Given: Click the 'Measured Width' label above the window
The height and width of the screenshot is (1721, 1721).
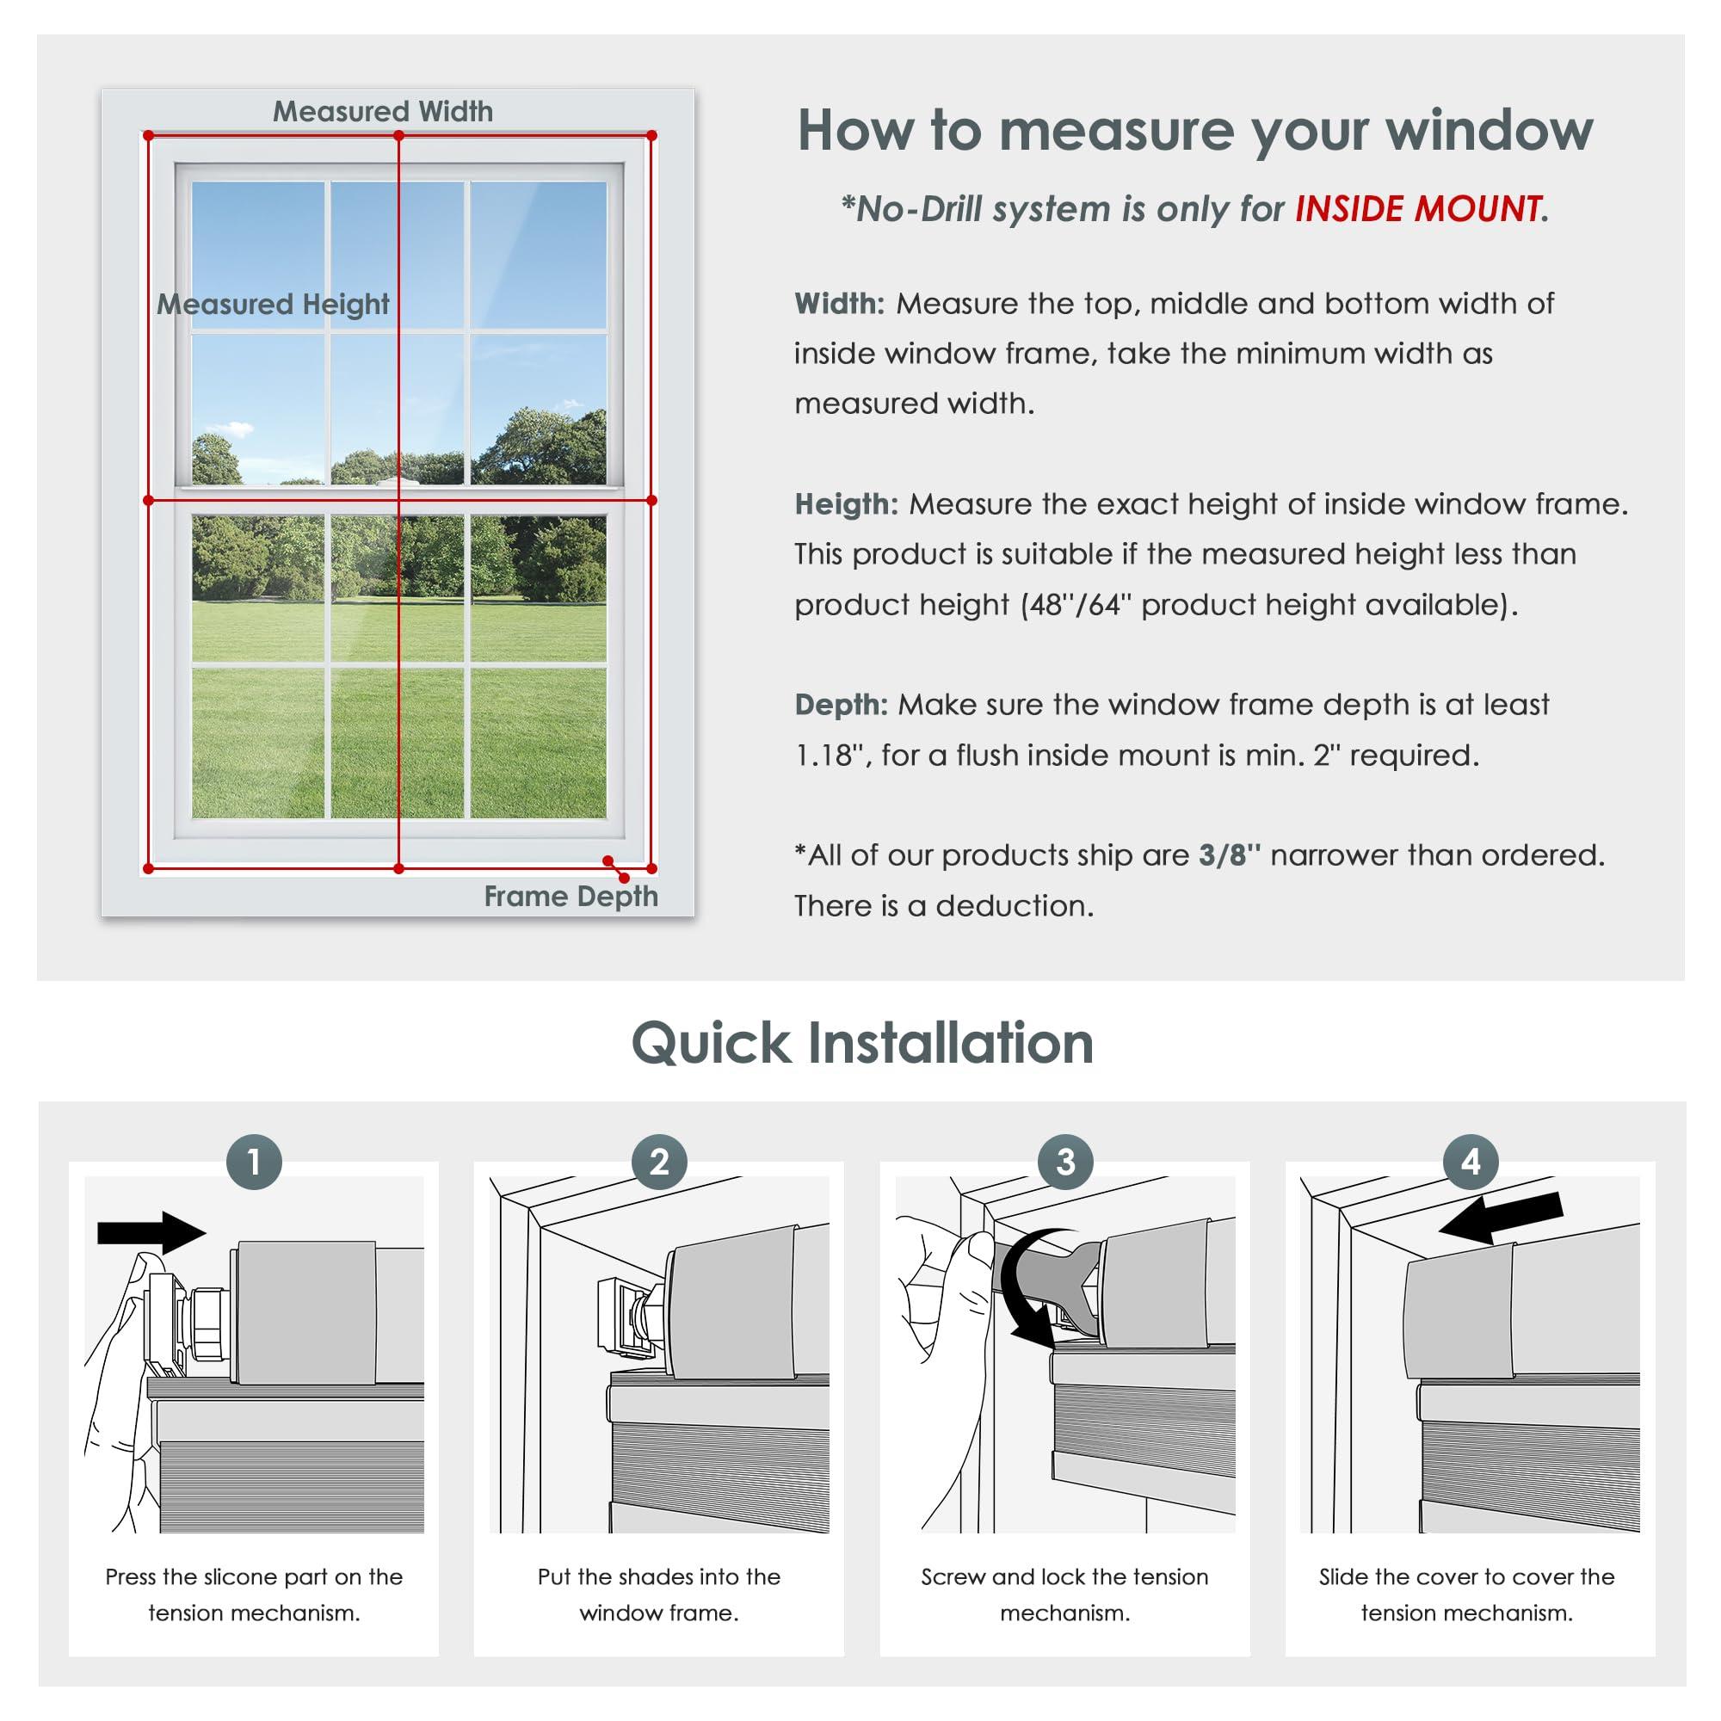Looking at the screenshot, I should (x=382, y=111).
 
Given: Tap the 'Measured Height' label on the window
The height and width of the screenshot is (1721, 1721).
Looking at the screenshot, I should (x=273, y=305).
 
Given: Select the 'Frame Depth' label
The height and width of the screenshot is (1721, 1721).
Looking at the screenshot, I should (x=571, y=896).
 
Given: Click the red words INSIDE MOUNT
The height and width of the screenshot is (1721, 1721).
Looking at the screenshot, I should (x=1417, y=209).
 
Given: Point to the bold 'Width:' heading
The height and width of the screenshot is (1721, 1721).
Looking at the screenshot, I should (x=838, y=304).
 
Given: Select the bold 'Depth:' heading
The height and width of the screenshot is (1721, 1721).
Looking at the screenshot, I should (x=840, y=705).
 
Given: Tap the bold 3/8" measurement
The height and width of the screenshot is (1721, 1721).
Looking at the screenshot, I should (x=1230, y=855).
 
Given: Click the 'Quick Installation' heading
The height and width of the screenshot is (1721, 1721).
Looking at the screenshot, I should (x=861, y=1043).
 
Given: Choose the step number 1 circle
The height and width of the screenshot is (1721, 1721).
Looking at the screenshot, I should (x=254, y=1162).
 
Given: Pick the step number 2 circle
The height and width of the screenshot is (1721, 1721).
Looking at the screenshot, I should (x=659, y=1162).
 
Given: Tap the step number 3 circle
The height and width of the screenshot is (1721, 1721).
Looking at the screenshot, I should (x=1065, y=1162).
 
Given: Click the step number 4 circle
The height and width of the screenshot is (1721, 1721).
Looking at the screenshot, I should (x=1471, y=1162).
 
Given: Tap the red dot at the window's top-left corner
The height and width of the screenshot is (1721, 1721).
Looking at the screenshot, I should (x=148, y=135).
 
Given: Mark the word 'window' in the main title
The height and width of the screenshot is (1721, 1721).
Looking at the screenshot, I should (x=1489, y=130).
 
